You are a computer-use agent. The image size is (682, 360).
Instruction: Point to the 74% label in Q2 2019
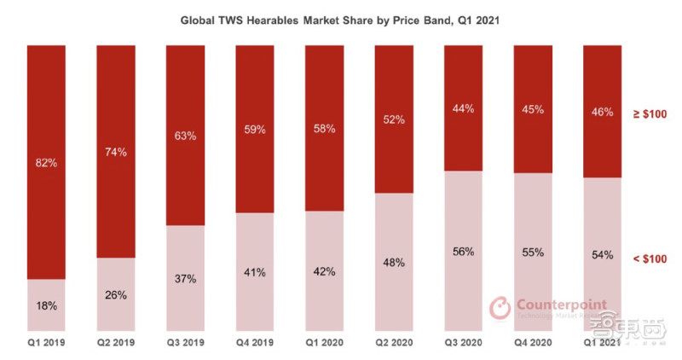pos(116,153)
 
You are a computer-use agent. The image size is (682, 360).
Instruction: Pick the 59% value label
pos(255,130)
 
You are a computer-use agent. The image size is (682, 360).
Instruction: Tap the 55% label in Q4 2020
pos(533,253)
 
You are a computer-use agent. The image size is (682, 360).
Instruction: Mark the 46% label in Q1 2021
pos(602,112)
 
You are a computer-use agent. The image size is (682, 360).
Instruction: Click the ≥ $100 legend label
pos(656,113)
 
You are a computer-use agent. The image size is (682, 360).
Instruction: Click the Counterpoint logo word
pos(554,304)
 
